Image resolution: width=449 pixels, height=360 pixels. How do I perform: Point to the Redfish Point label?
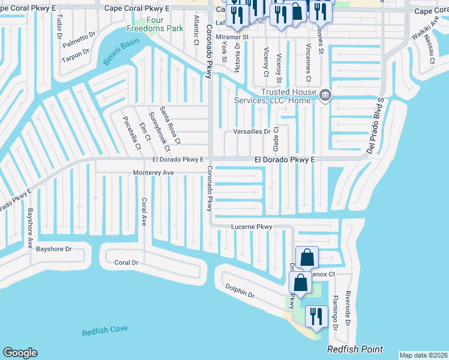point(355,349)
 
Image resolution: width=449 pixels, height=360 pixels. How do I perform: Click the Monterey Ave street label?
point(153,173)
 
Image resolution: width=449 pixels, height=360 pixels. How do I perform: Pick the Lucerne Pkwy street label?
point(252,227)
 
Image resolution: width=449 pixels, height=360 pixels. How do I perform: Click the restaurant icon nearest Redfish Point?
point(315,317)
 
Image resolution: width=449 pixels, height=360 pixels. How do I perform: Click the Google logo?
point(20,353)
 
